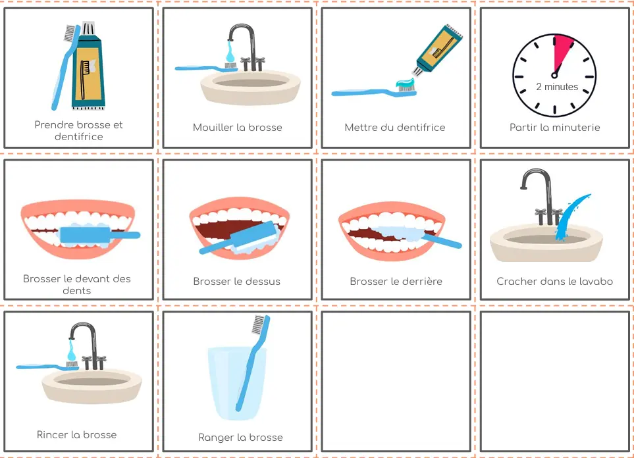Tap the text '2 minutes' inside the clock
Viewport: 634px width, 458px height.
557,86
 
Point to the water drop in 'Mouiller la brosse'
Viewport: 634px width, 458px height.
230,52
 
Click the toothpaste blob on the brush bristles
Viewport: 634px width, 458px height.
406,84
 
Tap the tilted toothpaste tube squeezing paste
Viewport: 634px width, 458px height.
438,50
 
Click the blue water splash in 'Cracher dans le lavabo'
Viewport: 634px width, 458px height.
570,216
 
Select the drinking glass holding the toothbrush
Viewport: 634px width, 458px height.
236,383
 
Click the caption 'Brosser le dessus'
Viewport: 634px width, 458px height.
236,282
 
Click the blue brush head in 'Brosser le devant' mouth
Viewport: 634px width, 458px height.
85,235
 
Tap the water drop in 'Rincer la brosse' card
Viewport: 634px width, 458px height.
71,351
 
